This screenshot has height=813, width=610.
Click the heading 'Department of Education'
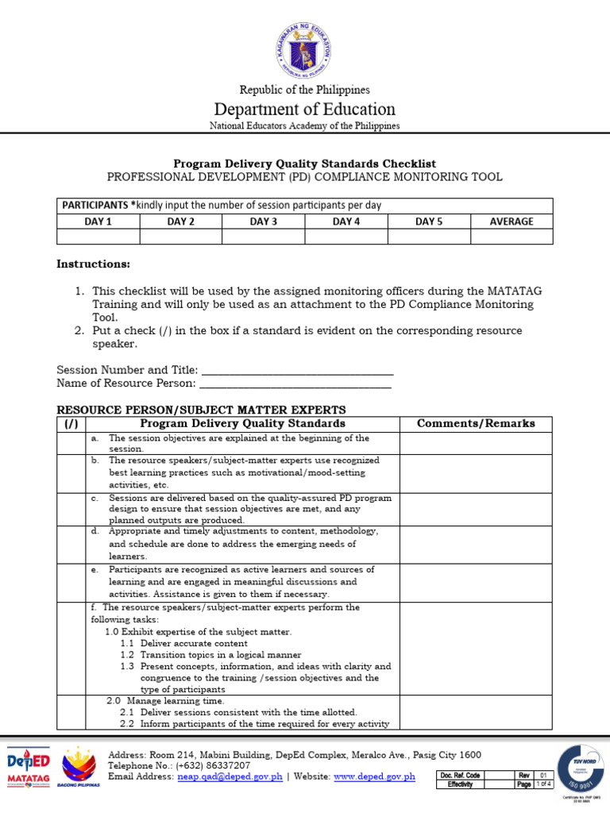304,109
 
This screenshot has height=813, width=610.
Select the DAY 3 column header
263,222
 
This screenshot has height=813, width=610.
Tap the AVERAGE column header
512,222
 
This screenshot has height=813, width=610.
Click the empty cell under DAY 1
98,237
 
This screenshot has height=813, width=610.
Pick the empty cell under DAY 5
429,237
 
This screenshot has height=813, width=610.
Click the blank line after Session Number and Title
298,370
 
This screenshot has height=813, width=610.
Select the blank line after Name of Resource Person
295,383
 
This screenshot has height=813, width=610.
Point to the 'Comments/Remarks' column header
476,423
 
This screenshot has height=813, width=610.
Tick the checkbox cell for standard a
71,443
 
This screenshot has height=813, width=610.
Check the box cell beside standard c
71,508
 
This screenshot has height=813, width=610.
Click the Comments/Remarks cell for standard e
476,582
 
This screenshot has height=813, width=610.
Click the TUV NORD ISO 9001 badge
579,768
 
